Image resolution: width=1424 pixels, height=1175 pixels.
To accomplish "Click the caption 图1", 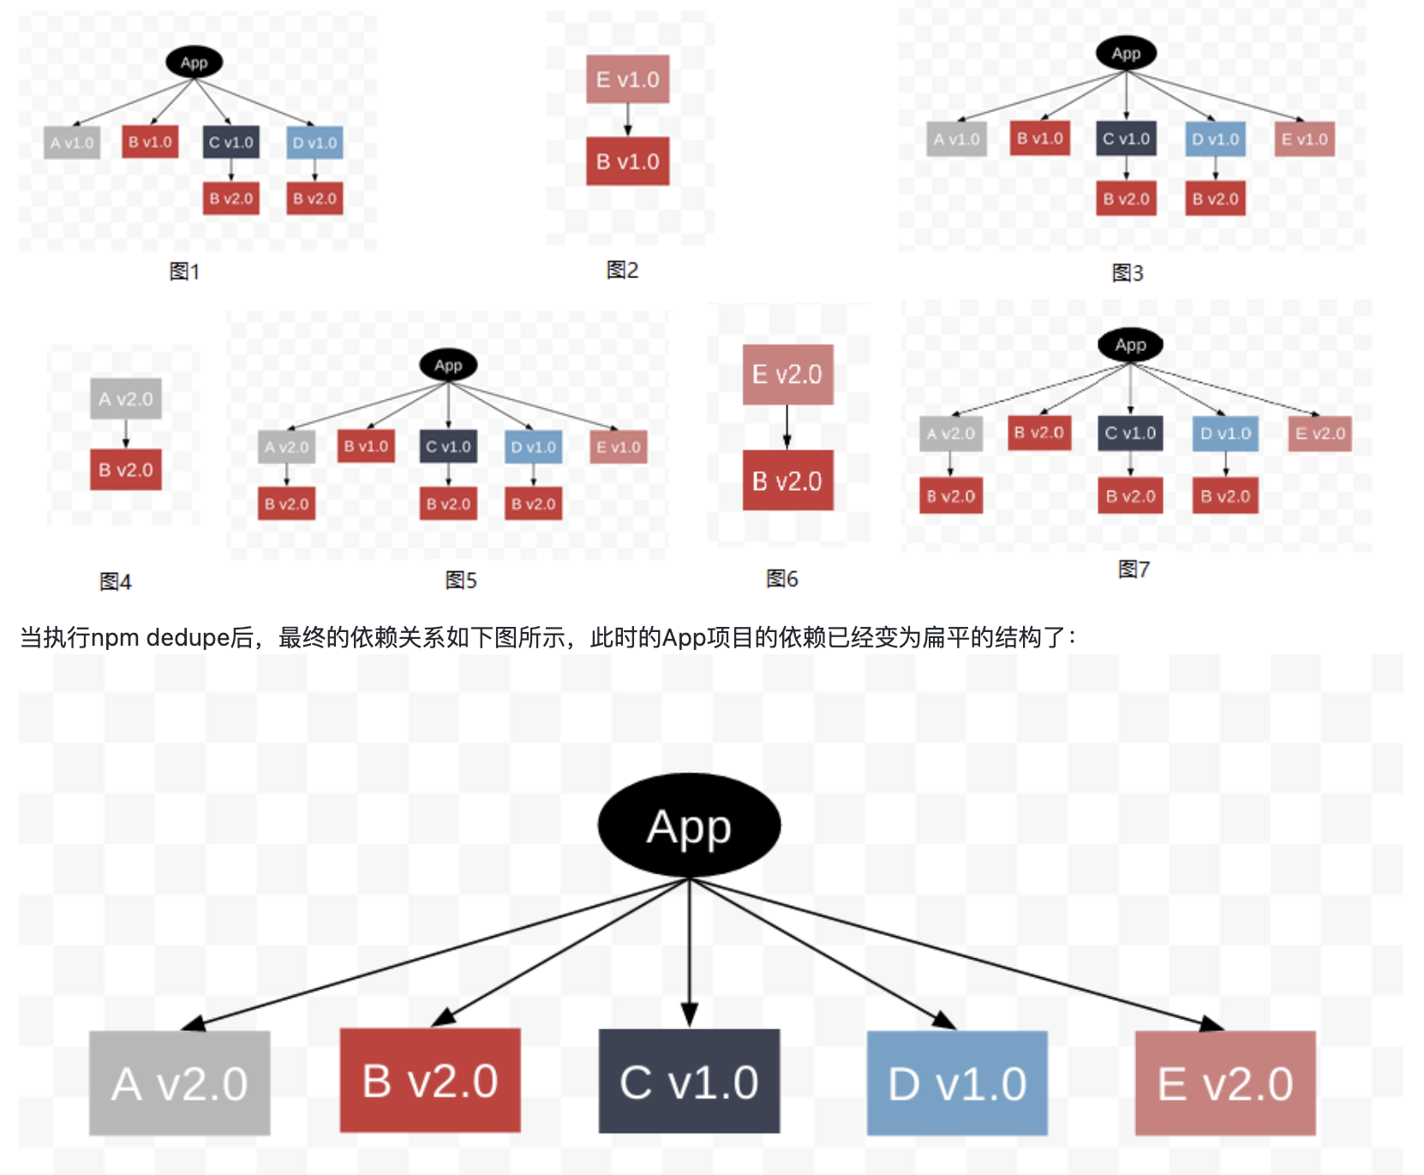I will point(184,271).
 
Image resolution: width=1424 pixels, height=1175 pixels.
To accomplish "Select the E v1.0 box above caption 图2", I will point(627,80).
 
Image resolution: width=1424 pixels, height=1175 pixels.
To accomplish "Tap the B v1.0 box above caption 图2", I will point(627,161).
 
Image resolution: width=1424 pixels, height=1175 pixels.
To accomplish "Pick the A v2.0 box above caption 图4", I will point(126,399).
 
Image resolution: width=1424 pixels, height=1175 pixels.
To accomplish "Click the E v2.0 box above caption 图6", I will point(787,374).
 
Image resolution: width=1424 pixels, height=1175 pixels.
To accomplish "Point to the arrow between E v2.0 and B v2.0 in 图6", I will point(787,427).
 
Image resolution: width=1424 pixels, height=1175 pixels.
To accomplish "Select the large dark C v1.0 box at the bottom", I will point(689,1082).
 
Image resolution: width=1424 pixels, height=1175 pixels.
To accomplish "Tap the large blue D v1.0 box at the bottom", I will point(957,1083).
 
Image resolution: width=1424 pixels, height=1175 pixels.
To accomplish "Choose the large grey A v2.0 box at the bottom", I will point(180,1083).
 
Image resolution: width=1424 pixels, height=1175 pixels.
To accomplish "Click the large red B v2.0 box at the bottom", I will point(430,1081).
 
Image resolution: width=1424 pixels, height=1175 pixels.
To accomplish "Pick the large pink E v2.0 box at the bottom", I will point(1225,1083).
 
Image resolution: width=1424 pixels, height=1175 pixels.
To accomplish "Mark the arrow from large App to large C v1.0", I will point(690,951).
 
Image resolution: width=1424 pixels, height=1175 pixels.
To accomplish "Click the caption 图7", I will point(1134,570).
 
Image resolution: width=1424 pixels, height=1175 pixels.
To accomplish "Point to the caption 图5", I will point(461,581).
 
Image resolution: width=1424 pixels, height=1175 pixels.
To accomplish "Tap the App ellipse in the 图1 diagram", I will point(194,63).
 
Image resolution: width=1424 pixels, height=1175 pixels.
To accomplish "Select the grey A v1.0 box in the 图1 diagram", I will point(72,143).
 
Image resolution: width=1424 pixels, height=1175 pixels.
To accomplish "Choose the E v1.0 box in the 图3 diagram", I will point(1304,140).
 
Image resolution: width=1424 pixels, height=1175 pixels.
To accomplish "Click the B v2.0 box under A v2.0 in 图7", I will point(951,497).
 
